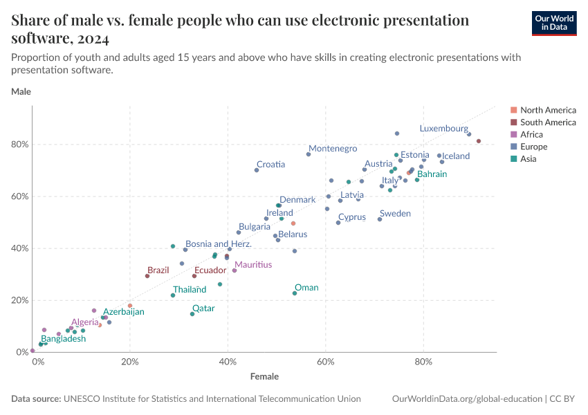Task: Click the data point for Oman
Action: pos(295,293)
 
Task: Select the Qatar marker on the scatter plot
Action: pos(192,314)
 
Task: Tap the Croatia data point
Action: pos(257,170)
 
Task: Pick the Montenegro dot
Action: pos(309,154)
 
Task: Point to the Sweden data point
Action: pos(380,219)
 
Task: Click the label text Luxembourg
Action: pos(443,129)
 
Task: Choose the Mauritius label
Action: pos(252,265)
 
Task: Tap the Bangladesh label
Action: pos(63,339)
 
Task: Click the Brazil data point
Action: pos(147,276)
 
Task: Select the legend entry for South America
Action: pos(548,122)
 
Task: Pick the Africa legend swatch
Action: pos(513,135)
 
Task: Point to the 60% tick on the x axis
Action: pos(326,362)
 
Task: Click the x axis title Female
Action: pos(265,377)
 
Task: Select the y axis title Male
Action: pos(21,91)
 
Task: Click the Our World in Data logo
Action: pos(554,22)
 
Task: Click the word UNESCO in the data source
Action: pos(81,399)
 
